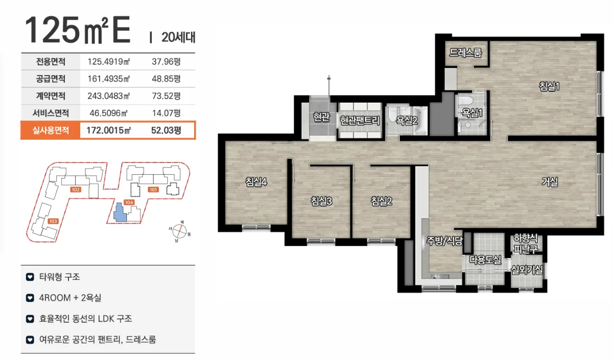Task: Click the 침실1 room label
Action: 549,86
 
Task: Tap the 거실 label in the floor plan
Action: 550,182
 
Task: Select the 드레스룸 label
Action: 465,53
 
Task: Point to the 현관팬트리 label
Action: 360,121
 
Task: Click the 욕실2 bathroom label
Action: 407,121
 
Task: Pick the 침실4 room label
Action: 256,182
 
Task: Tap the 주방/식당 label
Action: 444,241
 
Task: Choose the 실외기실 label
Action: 527,270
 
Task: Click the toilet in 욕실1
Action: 465,101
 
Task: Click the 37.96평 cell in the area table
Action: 166,62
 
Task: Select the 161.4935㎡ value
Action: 109,79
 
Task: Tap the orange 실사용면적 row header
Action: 51,130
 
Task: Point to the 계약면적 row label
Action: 51,96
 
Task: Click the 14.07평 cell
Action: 166,113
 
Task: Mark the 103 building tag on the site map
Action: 53,221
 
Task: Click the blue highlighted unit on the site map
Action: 120,212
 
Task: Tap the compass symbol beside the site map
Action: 179,231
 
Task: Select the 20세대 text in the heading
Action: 178,37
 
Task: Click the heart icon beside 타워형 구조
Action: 30,277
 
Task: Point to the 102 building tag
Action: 76,189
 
